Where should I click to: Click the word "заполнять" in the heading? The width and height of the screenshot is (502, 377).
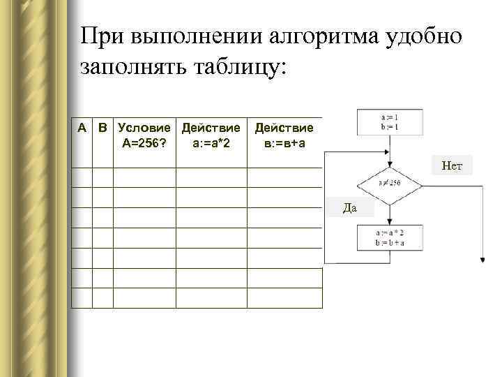pos(132,68)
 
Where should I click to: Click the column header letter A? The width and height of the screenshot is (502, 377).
pos(82,128)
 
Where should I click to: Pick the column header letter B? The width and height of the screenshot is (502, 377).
pos(102,128)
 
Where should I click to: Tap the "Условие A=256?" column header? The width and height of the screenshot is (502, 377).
pos(144,136)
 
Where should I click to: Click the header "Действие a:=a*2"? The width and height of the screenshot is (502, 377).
pos(211,136)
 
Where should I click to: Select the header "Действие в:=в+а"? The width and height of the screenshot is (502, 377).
pos(284,136)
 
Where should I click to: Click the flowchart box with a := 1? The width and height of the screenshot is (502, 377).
pos(389,121)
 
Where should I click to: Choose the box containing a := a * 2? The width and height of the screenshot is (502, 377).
pos(389,238)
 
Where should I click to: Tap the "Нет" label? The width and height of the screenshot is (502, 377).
pos(452,165)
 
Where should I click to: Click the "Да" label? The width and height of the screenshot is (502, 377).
pos(351,207)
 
